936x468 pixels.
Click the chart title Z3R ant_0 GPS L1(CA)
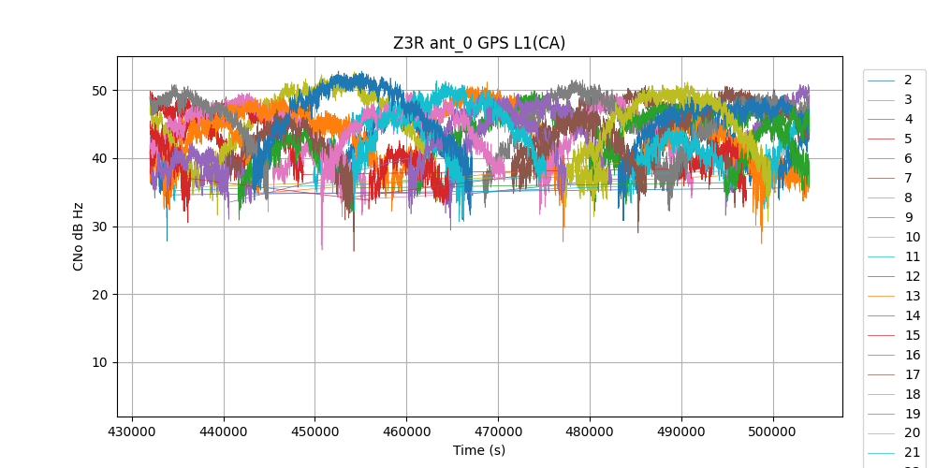(479, 43)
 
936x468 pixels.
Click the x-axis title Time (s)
(479, 450)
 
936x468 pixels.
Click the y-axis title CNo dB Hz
(80, 236)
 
